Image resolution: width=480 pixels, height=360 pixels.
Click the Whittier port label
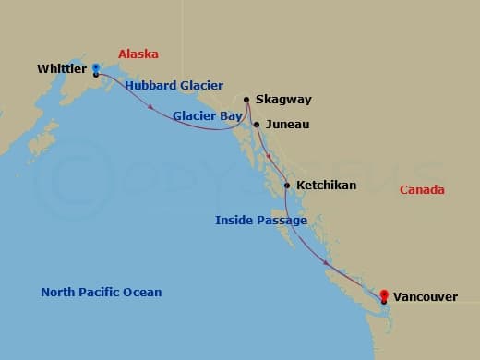(63, 68)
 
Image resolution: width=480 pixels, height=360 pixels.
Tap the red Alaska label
(138, 54)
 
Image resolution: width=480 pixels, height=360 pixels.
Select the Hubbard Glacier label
(174, 86)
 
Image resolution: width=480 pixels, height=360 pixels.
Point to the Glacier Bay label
(207, 116)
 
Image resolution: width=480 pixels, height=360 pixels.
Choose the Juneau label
(286, 124)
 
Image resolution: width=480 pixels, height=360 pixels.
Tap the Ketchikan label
(326, 186)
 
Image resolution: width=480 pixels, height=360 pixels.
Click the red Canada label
(422, 190)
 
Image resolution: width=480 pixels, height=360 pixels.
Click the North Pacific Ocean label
(101, 293)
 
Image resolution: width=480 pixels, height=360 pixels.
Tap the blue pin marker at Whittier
(96, 67)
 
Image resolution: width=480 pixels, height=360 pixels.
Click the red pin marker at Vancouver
(383, 294)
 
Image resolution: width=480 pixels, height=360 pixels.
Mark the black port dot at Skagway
(246, 100)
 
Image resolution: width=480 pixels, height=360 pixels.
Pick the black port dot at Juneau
(257, 124)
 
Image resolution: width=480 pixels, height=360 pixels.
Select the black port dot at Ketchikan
(287, 186)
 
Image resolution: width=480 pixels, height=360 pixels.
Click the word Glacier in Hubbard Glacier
(199, 86)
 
